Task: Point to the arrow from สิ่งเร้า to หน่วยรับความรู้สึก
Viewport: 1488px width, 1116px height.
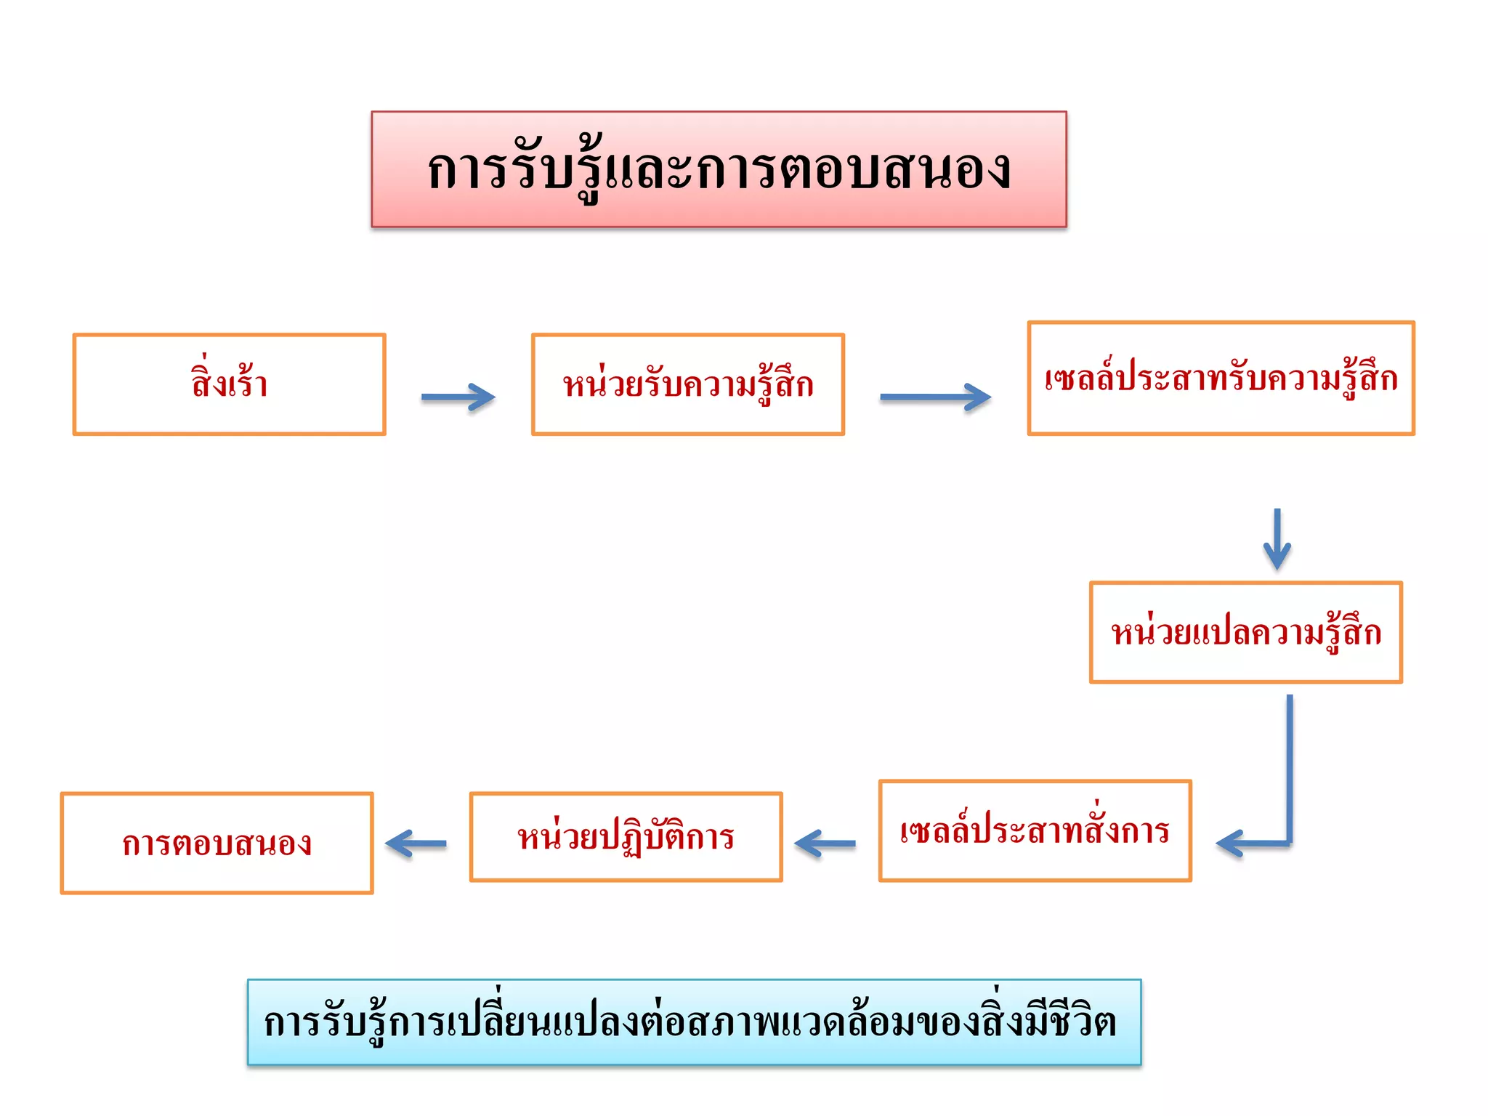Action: [x=458, y=397]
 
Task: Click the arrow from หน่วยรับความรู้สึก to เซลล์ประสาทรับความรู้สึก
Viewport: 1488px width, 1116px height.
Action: [x=935, y=397]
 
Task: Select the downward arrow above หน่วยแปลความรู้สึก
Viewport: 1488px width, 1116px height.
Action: [x=1277, y=540]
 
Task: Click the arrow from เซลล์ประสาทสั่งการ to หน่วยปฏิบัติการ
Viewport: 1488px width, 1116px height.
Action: [x=825, y=844]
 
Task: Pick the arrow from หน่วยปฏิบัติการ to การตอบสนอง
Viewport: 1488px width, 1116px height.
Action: [x=416, y=844]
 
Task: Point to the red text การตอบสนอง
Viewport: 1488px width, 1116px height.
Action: [x=217, y=844]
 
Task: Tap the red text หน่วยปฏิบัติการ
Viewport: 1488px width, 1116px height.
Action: [x=626, y=837]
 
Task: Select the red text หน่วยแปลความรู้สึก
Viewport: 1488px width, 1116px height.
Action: [x=1245, y=632]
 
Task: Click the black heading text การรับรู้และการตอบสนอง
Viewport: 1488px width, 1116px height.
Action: [x=719, y=170]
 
